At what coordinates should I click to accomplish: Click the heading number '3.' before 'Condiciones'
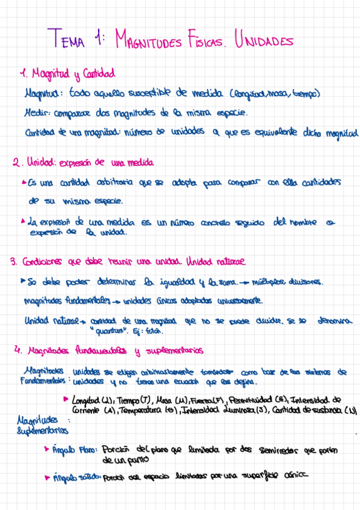[13, 262]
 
